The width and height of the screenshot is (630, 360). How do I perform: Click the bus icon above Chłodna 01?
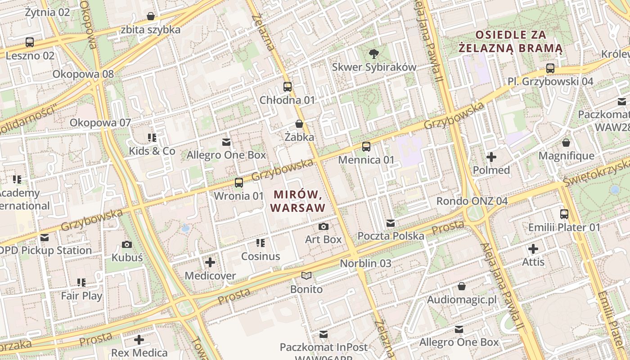click(287, 87)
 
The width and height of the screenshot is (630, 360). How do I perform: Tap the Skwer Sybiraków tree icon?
click(373, 54)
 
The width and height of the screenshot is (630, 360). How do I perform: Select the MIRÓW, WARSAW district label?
click(299, 201)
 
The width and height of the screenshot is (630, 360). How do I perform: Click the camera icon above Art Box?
click(323, 226)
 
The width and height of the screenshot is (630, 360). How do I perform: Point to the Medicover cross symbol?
click(210, 262)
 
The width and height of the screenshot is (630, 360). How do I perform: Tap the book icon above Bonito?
click(306, 275)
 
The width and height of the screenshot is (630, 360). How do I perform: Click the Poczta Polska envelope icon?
click(391, 223)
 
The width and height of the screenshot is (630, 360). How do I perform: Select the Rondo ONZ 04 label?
click(472, 201)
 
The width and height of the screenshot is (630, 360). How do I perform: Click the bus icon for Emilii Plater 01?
click(564, 214)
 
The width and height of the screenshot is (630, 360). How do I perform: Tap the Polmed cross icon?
click(491, 157)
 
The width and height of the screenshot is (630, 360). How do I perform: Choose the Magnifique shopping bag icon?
click(566, 143)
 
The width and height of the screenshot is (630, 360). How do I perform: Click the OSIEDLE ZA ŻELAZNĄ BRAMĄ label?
click(511, 41)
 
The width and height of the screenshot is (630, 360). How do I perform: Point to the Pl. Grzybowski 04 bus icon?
click(550, 68)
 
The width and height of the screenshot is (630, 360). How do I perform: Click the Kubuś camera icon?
click(127, 245)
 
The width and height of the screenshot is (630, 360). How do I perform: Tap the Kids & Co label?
click(152, 151)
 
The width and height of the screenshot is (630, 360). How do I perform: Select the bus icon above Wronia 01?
click(238, 183)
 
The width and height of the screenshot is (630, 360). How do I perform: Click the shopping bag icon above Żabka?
click(299, 124)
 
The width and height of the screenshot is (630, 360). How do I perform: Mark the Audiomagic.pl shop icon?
click(462, 286)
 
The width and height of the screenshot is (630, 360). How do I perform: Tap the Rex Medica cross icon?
click(139, 340)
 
